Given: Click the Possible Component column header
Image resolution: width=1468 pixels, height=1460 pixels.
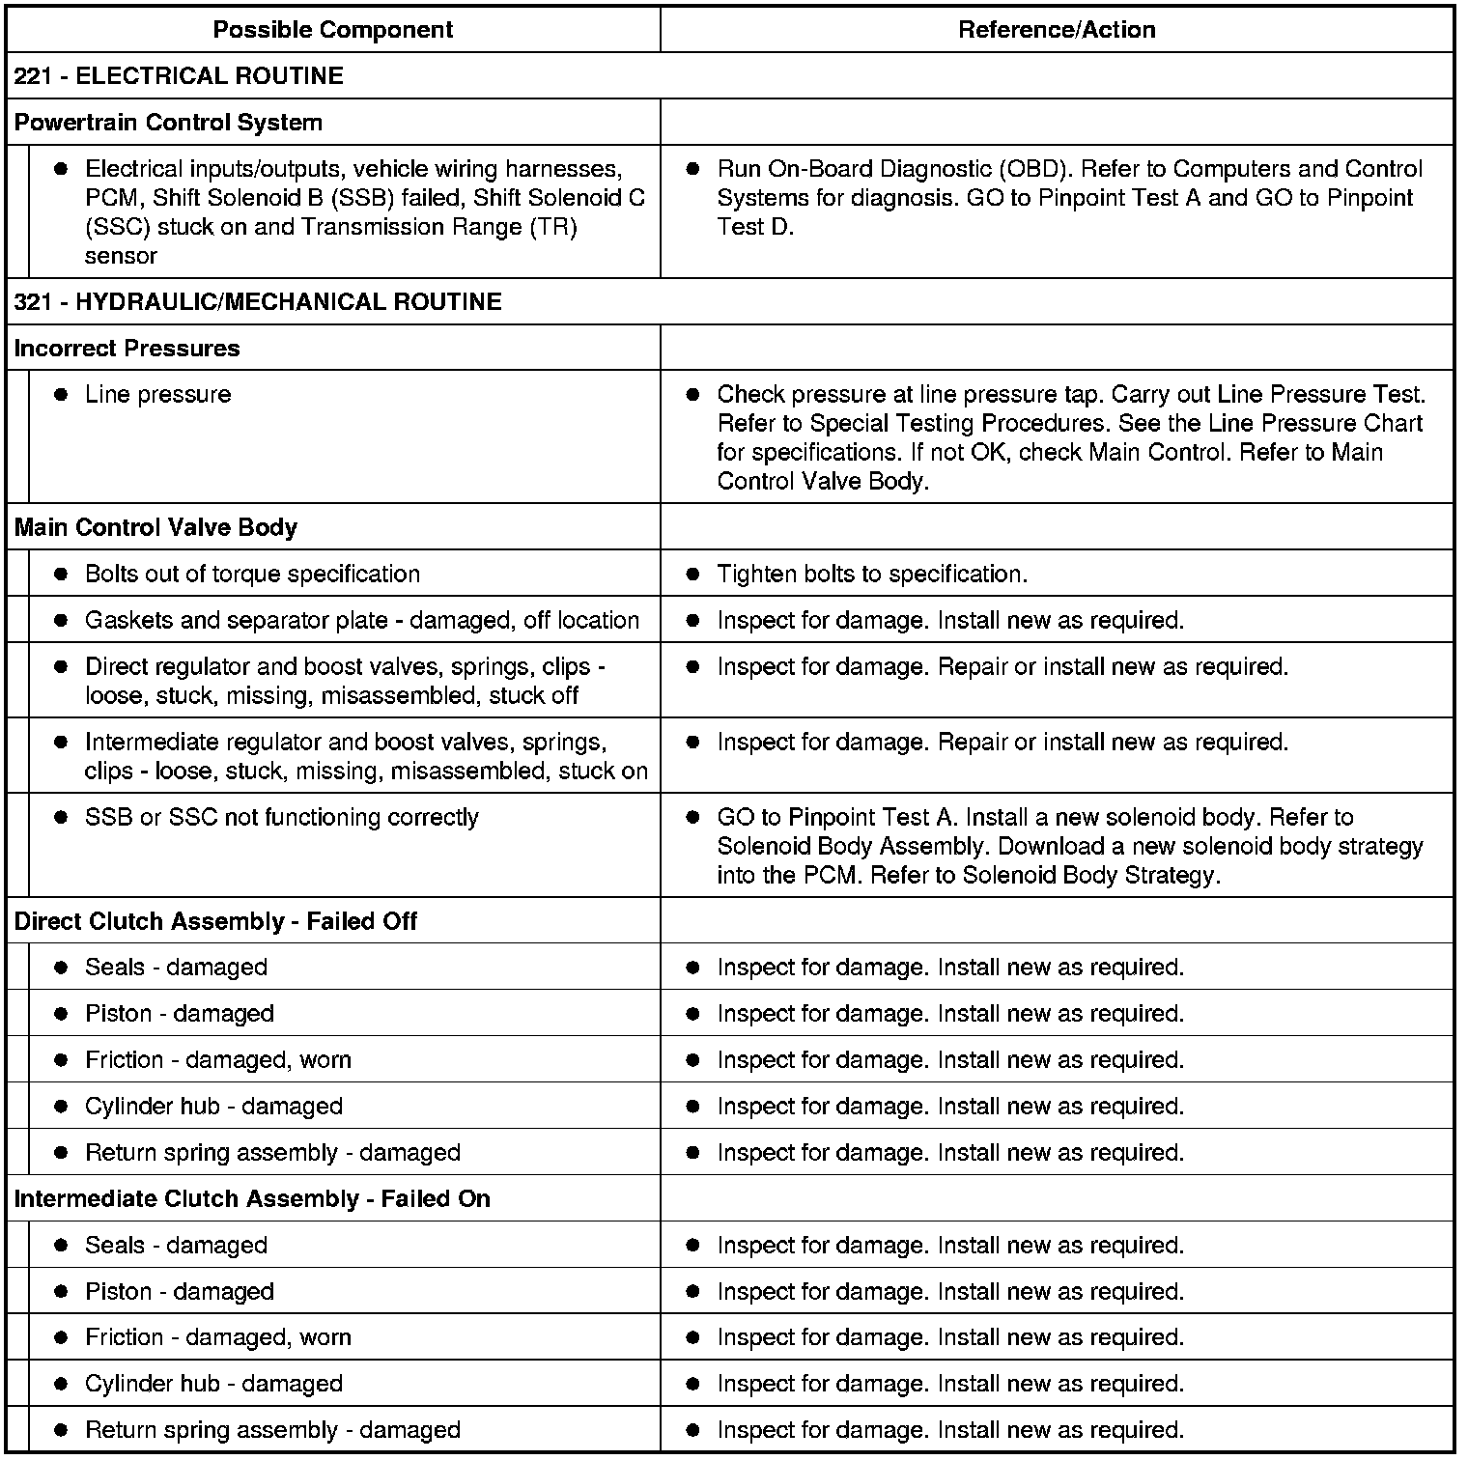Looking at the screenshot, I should (x=332, y=30).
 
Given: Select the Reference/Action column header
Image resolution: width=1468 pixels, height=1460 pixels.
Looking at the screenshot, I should (x=1057, y=30).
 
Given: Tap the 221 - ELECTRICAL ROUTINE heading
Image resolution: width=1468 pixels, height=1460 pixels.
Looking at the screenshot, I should (x=179, y=76).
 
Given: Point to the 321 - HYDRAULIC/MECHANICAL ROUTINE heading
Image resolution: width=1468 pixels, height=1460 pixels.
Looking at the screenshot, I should (x=258, y=302).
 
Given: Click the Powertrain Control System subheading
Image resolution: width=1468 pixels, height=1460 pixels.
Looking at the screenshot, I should (x=168, y=123).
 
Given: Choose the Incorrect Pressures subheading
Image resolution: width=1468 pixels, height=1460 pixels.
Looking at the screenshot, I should (x=127, y=349).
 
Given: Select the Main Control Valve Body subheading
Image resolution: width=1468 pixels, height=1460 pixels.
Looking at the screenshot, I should (x=155, y=528).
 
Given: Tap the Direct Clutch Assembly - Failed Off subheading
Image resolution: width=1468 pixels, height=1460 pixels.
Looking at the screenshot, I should (x=215, y=921).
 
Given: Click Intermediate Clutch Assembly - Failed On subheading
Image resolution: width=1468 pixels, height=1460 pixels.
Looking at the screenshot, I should (x=252, y=1199).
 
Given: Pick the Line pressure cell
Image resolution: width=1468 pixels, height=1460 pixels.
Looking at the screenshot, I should (x=157, y=395).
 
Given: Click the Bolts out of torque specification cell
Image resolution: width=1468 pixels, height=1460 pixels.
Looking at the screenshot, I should (x=252, y=575).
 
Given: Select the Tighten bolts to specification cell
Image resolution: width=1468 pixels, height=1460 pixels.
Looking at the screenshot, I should (x=871, y=575).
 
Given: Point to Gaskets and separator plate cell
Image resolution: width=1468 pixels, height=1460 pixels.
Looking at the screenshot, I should (x=361, y=621).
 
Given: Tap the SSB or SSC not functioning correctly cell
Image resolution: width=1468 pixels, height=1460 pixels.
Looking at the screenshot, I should (x=281, y=818).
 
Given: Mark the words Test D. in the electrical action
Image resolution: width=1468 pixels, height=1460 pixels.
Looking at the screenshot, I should (x=755, y=228).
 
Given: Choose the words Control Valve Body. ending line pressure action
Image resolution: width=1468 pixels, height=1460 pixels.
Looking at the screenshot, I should (x=822, y=482).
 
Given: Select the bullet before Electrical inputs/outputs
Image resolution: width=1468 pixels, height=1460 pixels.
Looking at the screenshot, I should (x=61, y=169).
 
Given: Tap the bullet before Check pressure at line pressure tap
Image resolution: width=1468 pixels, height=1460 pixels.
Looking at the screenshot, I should (x=692, y=395).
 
